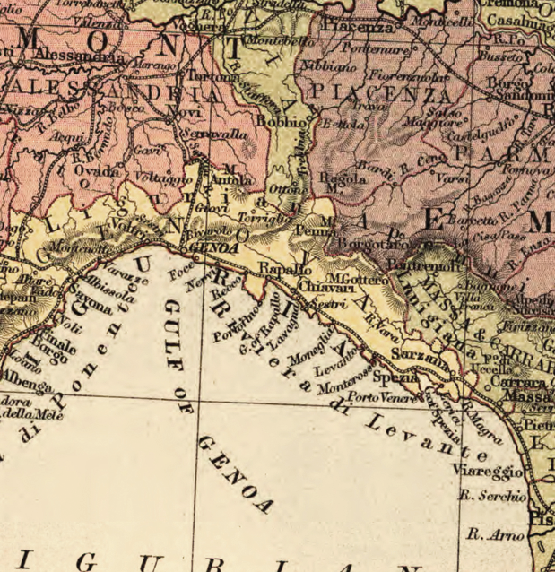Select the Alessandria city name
pos(80,56)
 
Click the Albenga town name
pos(28,385)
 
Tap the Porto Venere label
pos(384,397)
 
